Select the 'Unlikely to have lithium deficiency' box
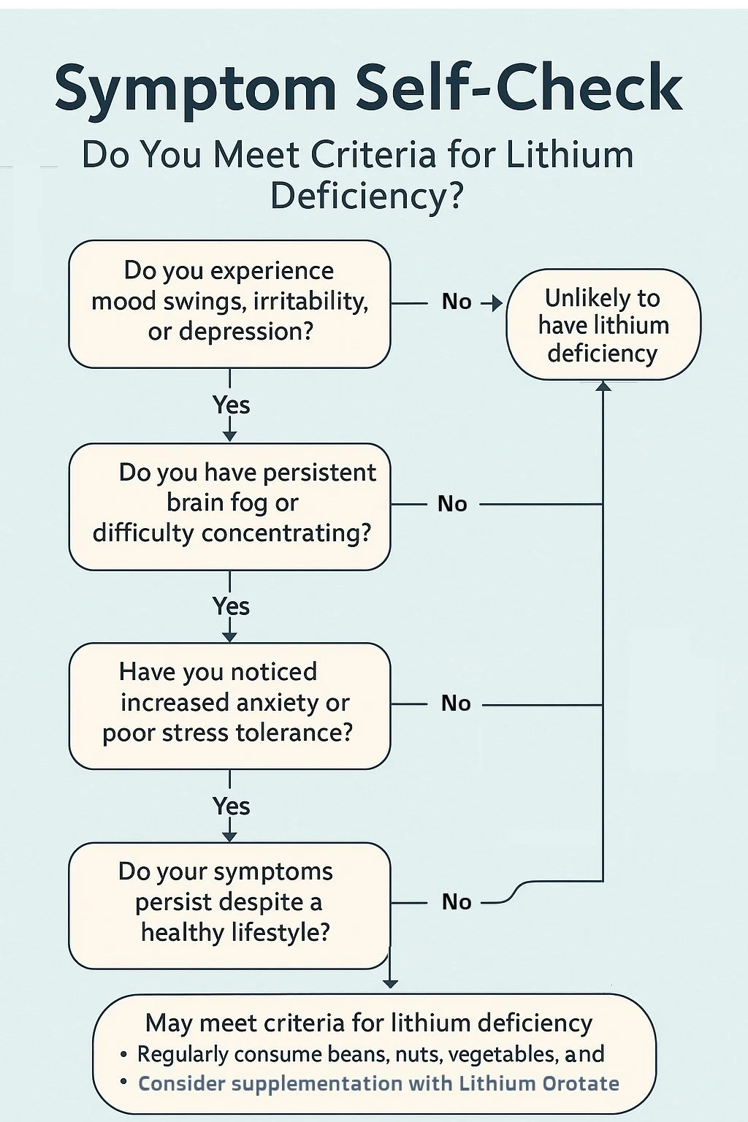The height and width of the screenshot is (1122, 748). pos(603,325)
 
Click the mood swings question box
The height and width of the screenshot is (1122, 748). pos(229,302)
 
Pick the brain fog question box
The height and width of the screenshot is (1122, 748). pos(229,505)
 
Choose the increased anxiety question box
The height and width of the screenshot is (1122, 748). pos(229,705)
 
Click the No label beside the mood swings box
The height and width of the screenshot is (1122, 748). pos(457,302)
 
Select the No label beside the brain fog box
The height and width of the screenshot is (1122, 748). pos(452,504)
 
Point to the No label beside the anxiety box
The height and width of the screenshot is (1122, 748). pos(456,703)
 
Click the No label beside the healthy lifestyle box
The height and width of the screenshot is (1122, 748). pos(457,902)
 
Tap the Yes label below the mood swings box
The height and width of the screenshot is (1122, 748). pos(231,405)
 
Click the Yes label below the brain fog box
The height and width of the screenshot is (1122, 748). pos(231,606)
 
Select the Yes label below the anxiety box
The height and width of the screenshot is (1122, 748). pos(231,806)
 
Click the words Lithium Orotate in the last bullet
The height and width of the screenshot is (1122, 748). pos(538,1083)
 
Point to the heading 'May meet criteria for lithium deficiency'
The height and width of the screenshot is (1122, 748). pos(369,1023)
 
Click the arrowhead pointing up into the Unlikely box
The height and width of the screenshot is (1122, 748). pos(603,386)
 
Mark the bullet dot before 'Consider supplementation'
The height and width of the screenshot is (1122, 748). pos(123,1082)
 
